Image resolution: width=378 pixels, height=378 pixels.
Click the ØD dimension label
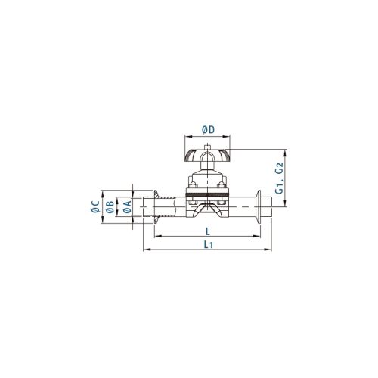pos(208,129)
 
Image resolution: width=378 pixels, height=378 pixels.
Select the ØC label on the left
pos(95,206)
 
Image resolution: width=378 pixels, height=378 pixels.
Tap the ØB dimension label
pos(110,207)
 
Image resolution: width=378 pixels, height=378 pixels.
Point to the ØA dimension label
pos(128,207)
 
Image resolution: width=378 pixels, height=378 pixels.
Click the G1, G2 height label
pos(279,178)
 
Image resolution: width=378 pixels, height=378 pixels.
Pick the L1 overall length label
pos(209,244)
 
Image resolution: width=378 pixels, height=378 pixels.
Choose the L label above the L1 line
pos(208,231)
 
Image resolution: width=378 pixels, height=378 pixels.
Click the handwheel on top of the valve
pos(207,156)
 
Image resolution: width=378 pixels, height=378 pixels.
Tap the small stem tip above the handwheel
pos(207,147)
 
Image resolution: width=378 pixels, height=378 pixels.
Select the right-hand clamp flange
pos(258,206)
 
